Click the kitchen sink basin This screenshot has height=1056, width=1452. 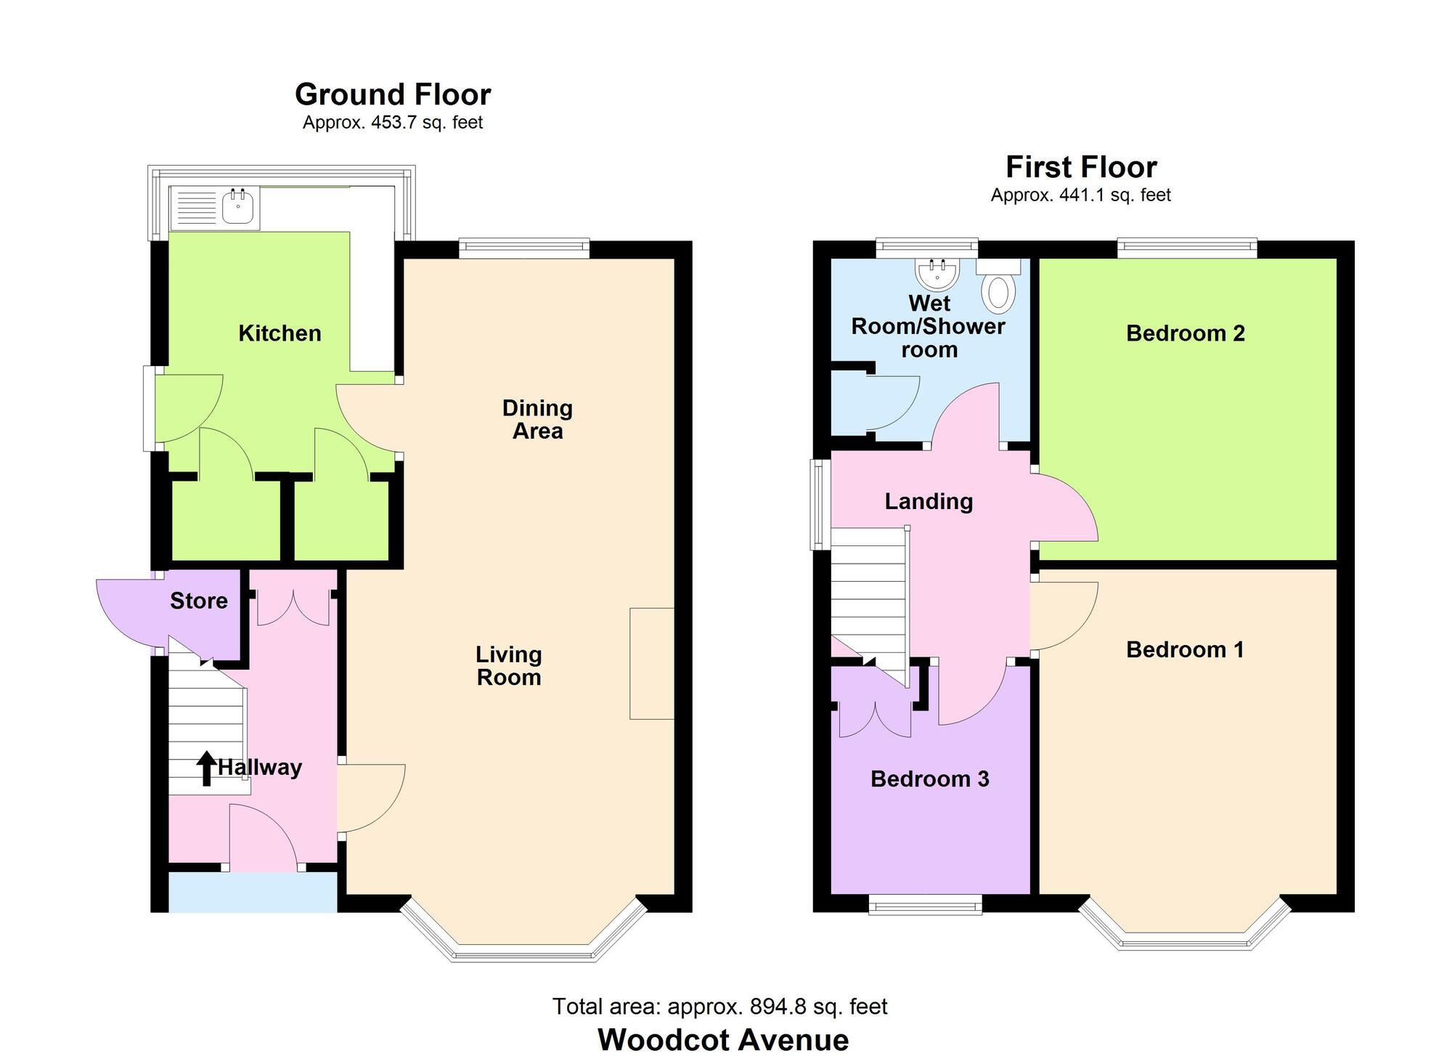(238, 207)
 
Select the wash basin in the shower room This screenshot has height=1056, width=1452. (938, 274)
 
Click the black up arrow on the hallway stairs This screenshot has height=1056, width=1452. (206, 768)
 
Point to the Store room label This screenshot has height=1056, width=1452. (198, 601)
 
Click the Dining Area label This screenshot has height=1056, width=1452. (537, 419)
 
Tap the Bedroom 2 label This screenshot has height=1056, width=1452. (1185, 333)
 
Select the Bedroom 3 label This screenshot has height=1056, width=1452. (929, 779)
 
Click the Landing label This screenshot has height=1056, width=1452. (929, 501)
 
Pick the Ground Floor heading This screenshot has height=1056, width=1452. (393, 94)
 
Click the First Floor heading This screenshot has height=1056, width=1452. (1080, 167)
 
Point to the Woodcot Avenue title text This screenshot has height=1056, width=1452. (723, 1039)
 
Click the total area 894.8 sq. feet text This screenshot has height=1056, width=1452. (719, 1006)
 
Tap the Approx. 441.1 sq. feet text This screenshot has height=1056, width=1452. (1080, 195)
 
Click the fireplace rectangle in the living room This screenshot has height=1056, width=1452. (651, 663)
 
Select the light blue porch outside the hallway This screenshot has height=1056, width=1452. (253, 891)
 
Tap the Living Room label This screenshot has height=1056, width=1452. (508, 666)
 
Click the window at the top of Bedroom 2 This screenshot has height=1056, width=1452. (1186, 248)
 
